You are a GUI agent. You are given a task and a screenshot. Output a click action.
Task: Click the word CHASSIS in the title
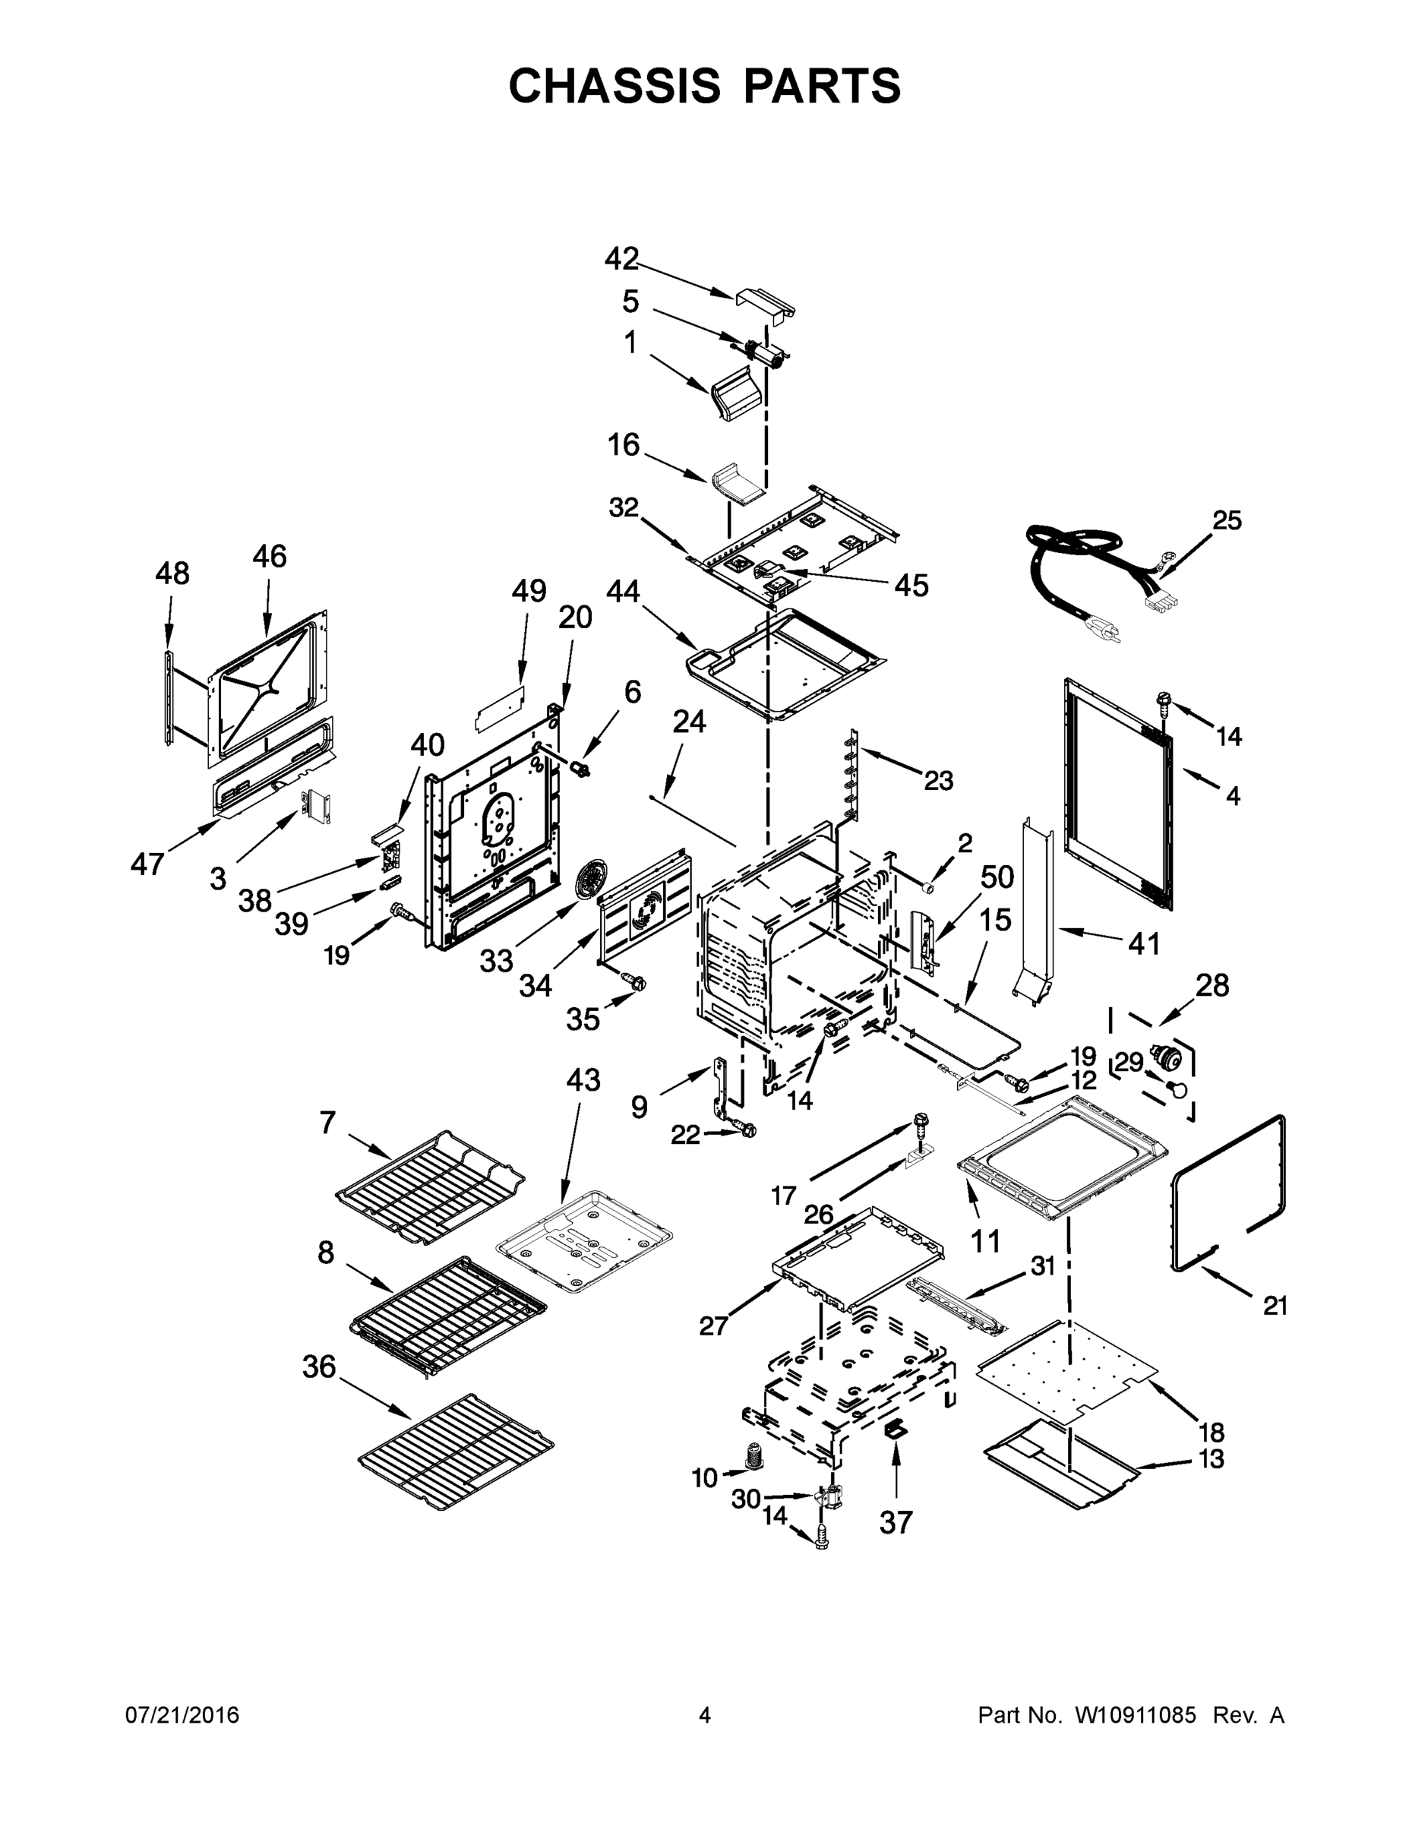[614, 86]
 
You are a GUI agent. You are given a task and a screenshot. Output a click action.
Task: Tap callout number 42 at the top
[622, 259]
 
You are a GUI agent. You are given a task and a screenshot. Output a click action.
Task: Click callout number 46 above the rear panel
[269, 557]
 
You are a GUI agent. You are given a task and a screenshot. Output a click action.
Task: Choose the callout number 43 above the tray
[583, 1080]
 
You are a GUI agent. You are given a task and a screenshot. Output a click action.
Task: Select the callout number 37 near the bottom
[896, 1522]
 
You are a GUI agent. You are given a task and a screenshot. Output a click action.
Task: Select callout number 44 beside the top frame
[623, 592]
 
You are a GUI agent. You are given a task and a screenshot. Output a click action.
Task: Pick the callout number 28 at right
[1212, 986]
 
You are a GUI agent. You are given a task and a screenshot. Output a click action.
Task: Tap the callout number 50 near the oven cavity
[997, 877]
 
